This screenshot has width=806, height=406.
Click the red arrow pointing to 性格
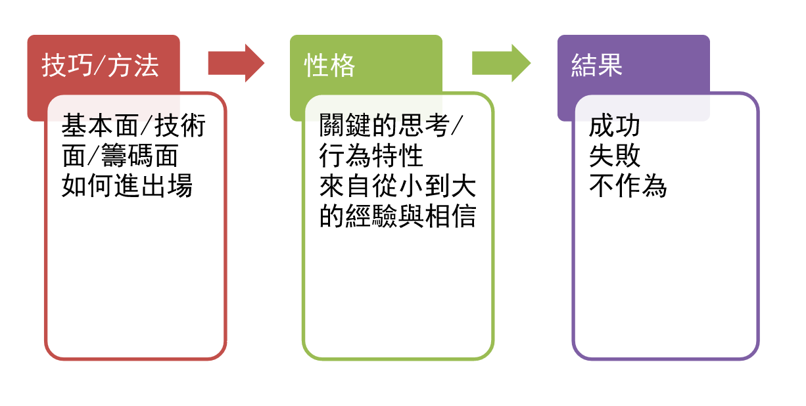pyautogui.click(x=235, y=63)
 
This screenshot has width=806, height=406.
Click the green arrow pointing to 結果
pyautogui.click(x=500, y=63)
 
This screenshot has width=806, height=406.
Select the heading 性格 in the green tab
pyautogui.click(x=329, y=66)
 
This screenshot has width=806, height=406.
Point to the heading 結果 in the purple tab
pyautogui.click(x=596, y=66)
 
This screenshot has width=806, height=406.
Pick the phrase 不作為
pyautogui.click(x=627, y=187)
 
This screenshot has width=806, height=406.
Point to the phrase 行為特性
pyautogui.click(x=371, y=156)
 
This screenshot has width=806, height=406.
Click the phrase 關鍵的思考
pyautogui.click(x=385, y=125)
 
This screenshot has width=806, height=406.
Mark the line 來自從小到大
pyautogui.click(x=397, y=187)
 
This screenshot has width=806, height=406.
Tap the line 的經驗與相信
pyautogui.click(x=397, y=217)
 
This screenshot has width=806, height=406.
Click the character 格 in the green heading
pyautogui.click(x=343, y=66)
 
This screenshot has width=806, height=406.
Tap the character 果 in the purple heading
pyautogui.click(x=609, y=66)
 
